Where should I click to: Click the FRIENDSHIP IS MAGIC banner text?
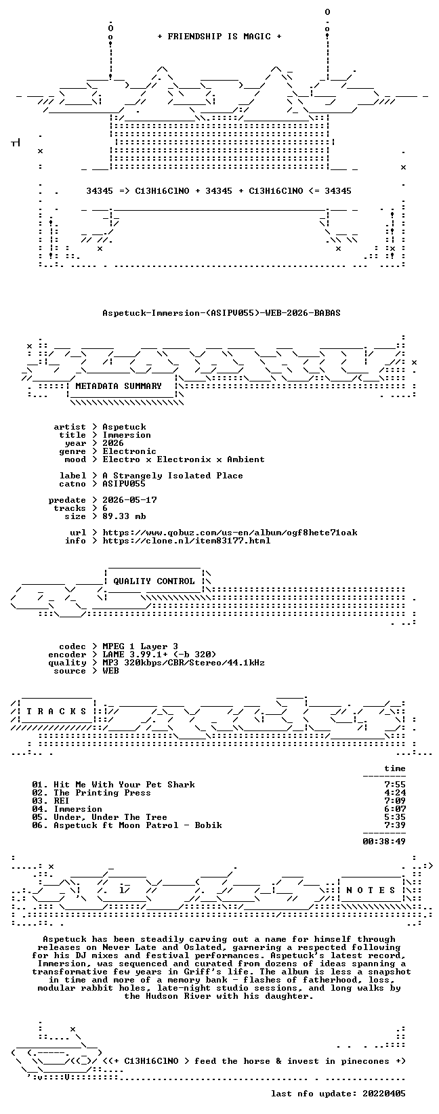(219, 37)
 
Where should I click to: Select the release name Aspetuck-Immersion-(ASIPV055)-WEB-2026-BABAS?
(222, 313)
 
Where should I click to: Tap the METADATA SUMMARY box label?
(119, 386)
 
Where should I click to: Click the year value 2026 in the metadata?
(113, 443)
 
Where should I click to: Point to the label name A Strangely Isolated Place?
(173, 476)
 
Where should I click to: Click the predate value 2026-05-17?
(129, 500)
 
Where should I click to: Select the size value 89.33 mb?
(124, 516)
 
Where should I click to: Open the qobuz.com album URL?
(230, 533)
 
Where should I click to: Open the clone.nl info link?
(186, 541)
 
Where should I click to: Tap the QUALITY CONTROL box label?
(154, 581)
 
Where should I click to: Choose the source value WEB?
(110, 671)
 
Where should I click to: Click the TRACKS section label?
(56, 711)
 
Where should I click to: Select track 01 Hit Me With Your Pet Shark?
(113, 785)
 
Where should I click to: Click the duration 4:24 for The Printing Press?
(395, 793)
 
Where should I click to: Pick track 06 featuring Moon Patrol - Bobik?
(127, 825)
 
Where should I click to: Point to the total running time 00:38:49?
(384, 842)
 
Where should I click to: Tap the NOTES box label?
(371, 890)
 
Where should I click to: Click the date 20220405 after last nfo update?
(384, 1094)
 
